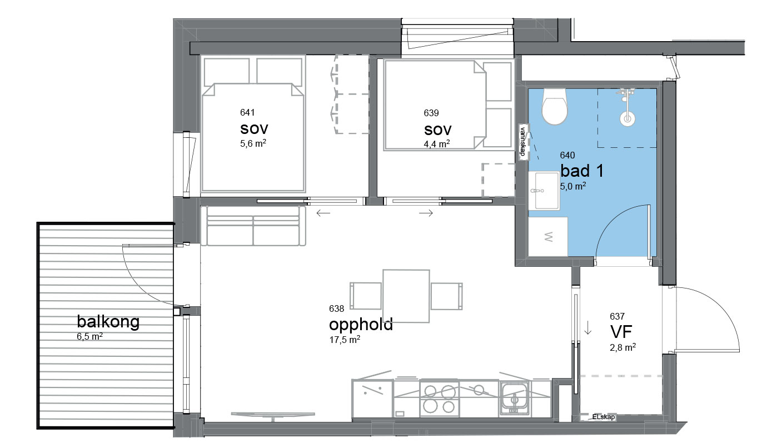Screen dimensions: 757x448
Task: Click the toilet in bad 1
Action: pos(554,106)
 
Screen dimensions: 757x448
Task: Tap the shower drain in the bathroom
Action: pos(627,119)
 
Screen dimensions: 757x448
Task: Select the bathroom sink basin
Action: pos(544,191)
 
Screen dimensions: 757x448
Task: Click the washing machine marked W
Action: pos(548,236)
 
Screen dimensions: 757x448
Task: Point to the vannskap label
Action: pos(523,141)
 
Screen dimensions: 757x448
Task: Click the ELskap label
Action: pos(604,417)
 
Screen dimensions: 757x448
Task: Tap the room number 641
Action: pos(247,112)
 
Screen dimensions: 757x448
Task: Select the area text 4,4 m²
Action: pos(437,145)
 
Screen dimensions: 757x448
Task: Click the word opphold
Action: pos(361,325)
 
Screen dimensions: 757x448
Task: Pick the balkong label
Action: pos(108,321)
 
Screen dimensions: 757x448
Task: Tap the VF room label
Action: pos(621,332)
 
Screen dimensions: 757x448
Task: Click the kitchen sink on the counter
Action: pos(515,399)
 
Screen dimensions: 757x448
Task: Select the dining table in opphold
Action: pos(406,296)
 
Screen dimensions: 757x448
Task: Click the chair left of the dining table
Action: pos(366,296)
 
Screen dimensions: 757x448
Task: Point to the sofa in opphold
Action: pos(253,226)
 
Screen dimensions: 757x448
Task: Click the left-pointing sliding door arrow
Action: pos(323,213)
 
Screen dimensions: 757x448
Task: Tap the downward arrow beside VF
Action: pos(587,328)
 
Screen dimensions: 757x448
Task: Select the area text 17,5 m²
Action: pos(345,340)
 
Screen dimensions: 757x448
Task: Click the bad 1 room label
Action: pos(582,171)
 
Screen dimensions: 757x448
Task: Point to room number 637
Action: pos(617,317)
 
